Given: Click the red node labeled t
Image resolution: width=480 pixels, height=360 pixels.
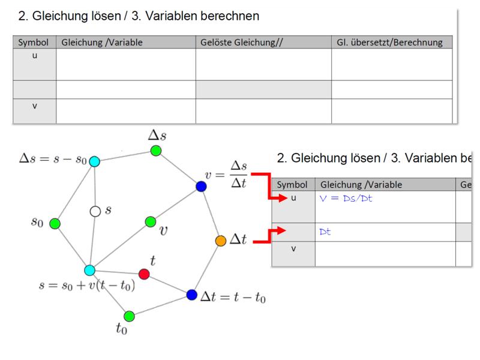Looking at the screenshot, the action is (x=144, y=274).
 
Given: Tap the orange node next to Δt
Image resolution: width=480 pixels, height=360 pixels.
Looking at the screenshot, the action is (x=221, y=241).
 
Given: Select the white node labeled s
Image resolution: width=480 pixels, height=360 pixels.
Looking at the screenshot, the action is (x=95, y=211).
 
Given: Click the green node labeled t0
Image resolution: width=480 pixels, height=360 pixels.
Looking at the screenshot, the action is (x=129, y=316).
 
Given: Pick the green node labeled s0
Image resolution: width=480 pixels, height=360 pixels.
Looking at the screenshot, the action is (x=55, y=223).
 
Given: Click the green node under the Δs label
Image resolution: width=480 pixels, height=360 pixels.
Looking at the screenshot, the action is (x=156, y=151).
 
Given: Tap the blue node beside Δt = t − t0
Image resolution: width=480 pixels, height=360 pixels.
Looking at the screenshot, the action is (x=191, y=295).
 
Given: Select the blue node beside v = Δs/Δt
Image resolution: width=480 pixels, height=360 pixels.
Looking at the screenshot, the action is (x=201, y=186).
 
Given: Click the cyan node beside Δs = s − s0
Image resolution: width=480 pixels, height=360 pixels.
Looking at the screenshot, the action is (x=95, y=161).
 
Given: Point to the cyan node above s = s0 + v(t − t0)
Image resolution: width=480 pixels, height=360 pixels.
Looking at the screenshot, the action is (x=89, y=271).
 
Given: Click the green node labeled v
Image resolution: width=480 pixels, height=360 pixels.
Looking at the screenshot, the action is (x=151, y=221).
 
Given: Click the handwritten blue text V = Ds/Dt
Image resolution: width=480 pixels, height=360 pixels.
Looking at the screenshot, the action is (x=346, y=199).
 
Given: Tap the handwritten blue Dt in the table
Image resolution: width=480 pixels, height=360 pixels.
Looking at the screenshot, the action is (x=325, y=232).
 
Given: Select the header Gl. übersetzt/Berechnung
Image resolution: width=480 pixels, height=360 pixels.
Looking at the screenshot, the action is (x=389, y=42).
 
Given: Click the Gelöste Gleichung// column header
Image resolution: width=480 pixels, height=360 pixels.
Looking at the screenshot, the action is (x=242, y=42).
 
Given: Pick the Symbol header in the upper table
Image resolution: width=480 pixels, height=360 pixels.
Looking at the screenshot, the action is (x=33, y=42).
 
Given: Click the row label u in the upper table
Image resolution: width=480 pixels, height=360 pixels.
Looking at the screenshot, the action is (x=35, y=56).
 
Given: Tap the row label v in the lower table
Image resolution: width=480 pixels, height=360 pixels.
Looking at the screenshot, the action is (x=293, y=248).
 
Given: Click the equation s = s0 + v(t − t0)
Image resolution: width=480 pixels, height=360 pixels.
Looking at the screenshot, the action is (x=87, y=286).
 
